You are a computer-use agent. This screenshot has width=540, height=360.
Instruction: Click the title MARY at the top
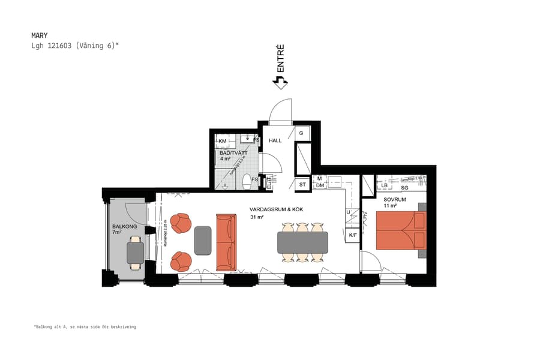tap(39, 35)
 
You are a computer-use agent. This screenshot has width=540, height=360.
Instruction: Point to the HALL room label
tap(275, 140)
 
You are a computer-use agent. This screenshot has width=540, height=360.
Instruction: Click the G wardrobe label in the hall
tap(302, 133)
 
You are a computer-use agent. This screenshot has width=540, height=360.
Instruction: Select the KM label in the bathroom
tap(223, 142)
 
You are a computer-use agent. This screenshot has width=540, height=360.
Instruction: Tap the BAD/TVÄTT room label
tap(233, 153)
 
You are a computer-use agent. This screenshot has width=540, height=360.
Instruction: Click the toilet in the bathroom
tap(245, 180)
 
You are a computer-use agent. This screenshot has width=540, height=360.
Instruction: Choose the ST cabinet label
tap(302, 185)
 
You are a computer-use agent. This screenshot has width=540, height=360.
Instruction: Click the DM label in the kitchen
tap(320, 185)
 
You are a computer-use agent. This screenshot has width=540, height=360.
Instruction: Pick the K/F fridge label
tap(353, 235)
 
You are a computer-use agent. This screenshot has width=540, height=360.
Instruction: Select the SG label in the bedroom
tap(404, 187)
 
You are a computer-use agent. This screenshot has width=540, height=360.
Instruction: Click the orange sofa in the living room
tap(226, 242)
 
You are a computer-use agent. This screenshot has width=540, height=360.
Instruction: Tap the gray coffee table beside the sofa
tap(203, 241)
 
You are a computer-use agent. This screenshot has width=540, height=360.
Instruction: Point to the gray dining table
tap(302, 242)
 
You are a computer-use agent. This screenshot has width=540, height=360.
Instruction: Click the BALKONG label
tap(124, 227)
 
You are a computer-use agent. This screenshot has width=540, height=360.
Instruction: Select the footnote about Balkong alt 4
tap(85, 327)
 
